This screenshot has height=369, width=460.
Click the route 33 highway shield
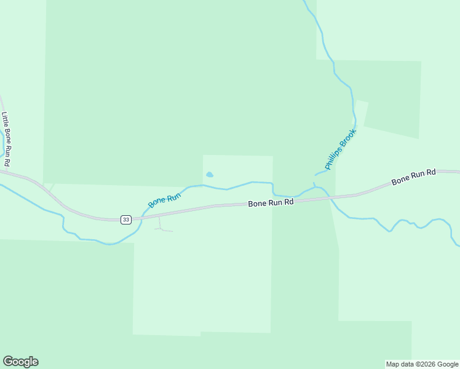tap(125, 220)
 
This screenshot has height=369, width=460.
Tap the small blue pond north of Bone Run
tap(209, 175)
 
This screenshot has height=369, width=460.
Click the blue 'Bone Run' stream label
tap(164, 199)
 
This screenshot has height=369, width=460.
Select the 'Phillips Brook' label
tap(341, 149)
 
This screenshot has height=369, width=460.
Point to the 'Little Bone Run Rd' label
tap(6, 139)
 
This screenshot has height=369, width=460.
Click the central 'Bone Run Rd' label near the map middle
tap(271, 203)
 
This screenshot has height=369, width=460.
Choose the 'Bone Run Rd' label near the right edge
tap(413, 177)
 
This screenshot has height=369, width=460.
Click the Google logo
tap(20, 362)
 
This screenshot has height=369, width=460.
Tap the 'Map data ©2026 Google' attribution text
tap(422, 364)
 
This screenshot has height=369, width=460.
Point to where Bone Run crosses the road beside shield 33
tap(141, 218)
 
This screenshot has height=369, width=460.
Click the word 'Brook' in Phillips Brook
tap(347, 138)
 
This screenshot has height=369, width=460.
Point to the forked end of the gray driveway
tap(164, 230)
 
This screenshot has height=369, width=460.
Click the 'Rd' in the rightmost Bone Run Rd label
tap(430, 173)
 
